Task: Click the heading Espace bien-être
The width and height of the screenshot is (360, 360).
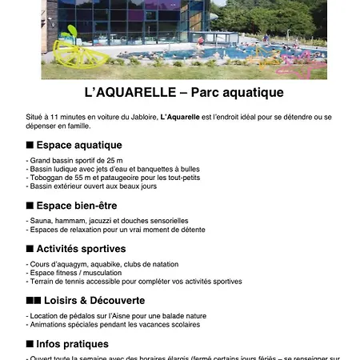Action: pos(77,206)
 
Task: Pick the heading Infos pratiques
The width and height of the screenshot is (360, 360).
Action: pos(72,344)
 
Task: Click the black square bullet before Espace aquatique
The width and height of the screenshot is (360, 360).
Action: pos(30,145)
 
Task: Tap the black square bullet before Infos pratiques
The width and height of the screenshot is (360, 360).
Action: pos(30,344)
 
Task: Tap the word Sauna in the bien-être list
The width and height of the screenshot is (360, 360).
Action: pos(40,220)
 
